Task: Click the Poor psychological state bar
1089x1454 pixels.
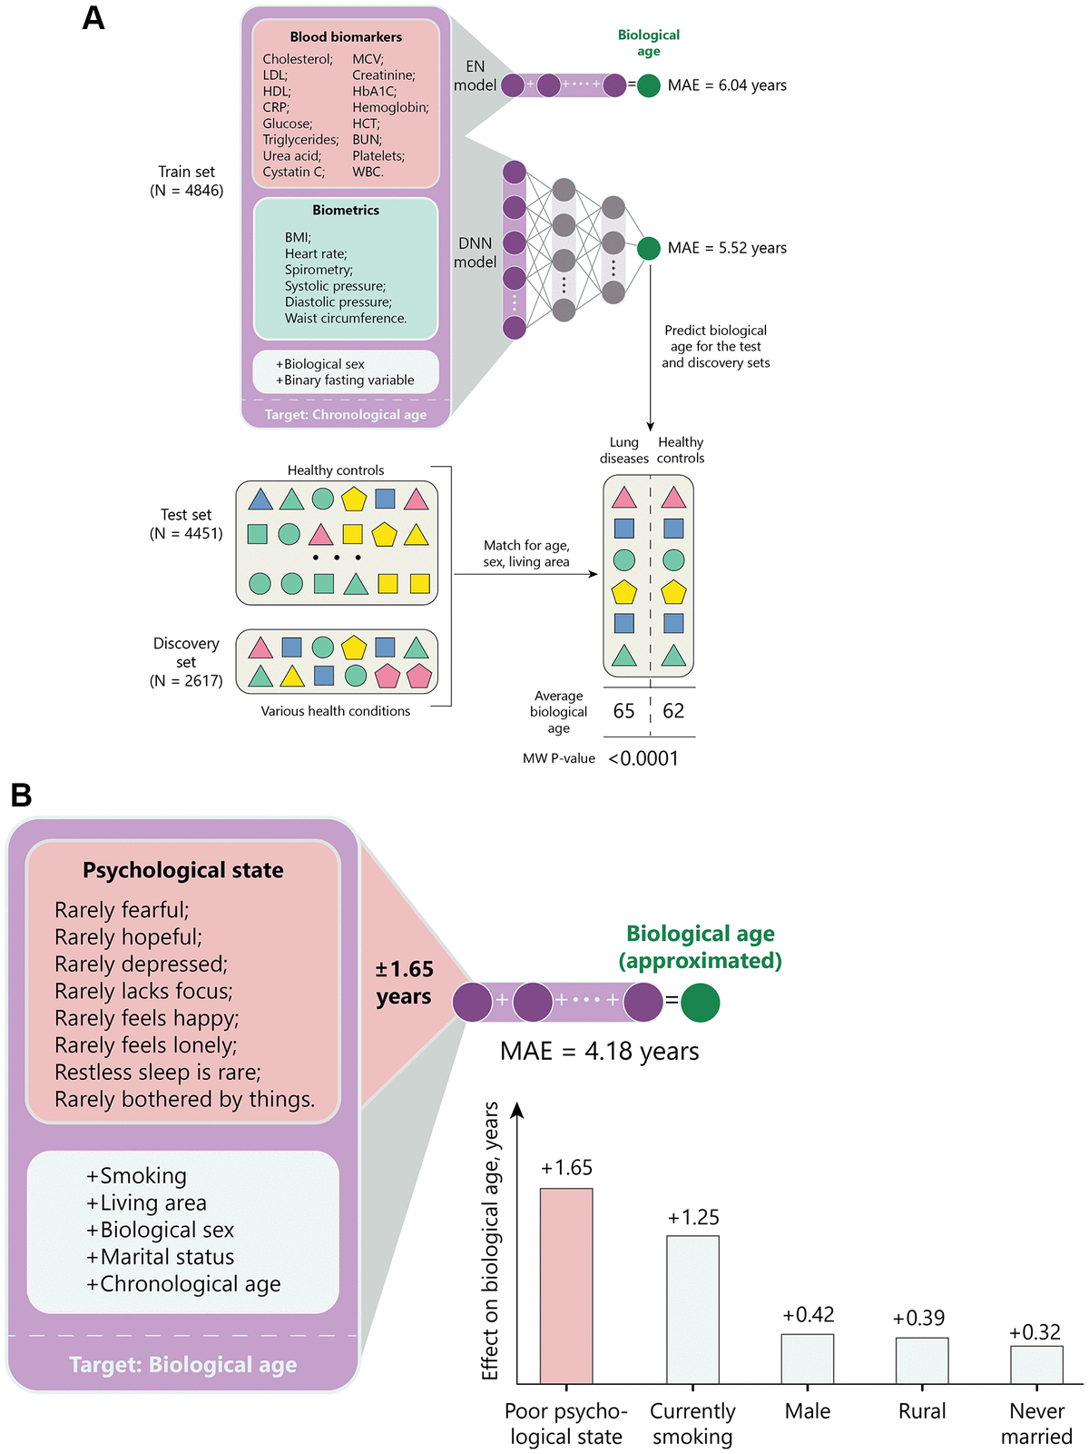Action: (566, 1285)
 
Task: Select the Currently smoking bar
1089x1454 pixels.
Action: (692, 1309)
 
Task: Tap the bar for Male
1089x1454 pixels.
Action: (808, 1358)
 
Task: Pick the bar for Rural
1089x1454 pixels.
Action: (922, 1360)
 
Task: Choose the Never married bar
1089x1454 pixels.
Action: (1036, 1364)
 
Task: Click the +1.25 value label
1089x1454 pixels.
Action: (693, 1217)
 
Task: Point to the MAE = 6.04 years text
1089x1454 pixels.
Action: (727, 85)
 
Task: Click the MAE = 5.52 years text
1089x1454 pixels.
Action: (727, 248)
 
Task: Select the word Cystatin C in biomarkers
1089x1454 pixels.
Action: (293, 172)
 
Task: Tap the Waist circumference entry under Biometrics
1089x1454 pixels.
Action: (346, 318)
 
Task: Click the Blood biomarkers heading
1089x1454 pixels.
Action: (346, 37)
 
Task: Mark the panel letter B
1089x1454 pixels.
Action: (21, 796)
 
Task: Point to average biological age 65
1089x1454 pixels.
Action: (624, 711)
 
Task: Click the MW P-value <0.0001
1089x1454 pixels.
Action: (643, 758)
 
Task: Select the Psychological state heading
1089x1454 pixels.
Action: (183, 870)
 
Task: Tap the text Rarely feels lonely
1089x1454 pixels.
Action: (145, 1045)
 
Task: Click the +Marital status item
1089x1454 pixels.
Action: (161, 1257)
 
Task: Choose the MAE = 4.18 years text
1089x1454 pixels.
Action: (600, 1052)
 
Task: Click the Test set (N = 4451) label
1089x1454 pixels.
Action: (186, 524)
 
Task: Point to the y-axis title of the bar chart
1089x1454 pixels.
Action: (491, 1241)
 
